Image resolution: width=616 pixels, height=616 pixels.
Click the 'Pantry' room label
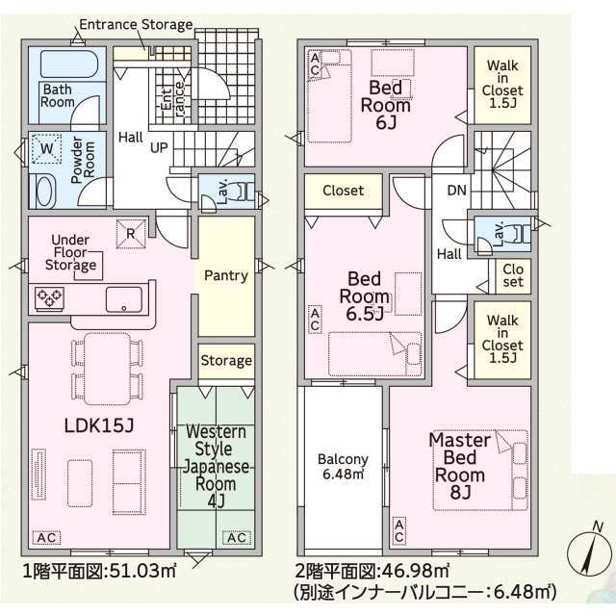coord(226,275)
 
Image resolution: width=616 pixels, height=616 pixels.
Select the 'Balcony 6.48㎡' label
coord(343,466)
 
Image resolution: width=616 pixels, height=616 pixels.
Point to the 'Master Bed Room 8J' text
coord(460,466)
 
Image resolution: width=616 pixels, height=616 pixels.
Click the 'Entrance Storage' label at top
coord(136,24)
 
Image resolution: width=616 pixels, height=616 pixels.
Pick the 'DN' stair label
coord(455,190)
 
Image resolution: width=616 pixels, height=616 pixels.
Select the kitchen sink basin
coord(124,298)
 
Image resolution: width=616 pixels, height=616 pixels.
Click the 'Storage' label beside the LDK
coord(226,361)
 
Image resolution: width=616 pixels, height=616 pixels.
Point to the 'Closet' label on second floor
coord(343,191)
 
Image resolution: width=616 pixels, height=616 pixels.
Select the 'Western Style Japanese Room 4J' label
coord(216,466)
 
